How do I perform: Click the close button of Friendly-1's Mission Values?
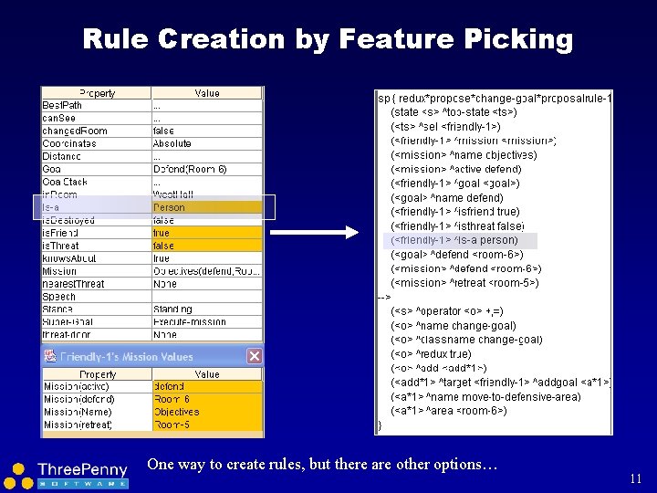[x=255, y=356]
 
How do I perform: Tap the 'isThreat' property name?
[x=61, y=246]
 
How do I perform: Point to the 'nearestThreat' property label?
[x=72, y=284]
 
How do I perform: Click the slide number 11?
[x=636, y=477]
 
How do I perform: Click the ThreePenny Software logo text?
[x=82, y=469]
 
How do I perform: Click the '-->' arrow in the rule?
[x=383, y=297]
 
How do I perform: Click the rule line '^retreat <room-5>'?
[x=465, y=283]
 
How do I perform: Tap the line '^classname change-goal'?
[x=466, y=340]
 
